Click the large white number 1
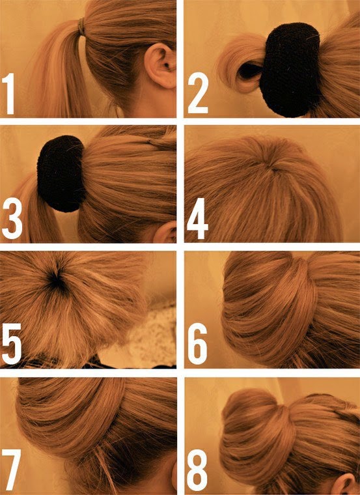click(9, 93)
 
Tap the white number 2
click(198, 92)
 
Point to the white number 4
click(197, 218)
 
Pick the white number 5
click(12, 344)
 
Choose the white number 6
click(198, 344)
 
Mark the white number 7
click(11, 470)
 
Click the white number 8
click(197, 470)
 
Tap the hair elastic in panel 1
click(82, 27)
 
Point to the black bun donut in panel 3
click(61, 174)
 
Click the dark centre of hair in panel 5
click(56, 280)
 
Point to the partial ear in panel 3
click(165, 233)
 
